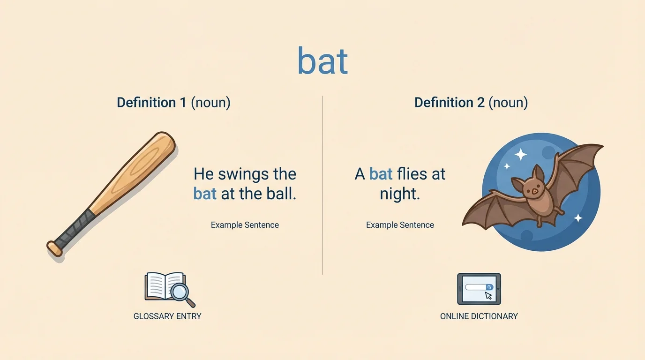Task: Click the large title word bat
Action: point(322,62)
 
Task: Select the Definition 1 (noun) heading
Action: point(173,103)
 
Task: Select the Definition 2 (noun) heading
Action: point(471,103)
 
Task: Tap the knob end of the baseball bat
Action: point(54,248)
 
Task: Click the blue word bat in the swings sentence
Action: point(205,194)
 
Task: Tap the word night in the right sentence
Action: point(399,194)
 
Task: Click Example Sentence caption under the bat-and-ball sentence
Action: point(245,225)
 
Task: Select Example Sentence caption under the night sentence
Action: point(400,225)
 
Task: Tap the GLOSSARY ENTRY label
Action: point(167,316)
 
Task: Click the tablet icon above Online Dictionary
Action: point(479,289)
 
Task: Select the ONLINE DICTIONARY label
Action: point(479,316)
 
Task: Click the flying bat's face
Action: point(532,189)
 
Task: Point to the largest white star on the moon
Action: point(520,154)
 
